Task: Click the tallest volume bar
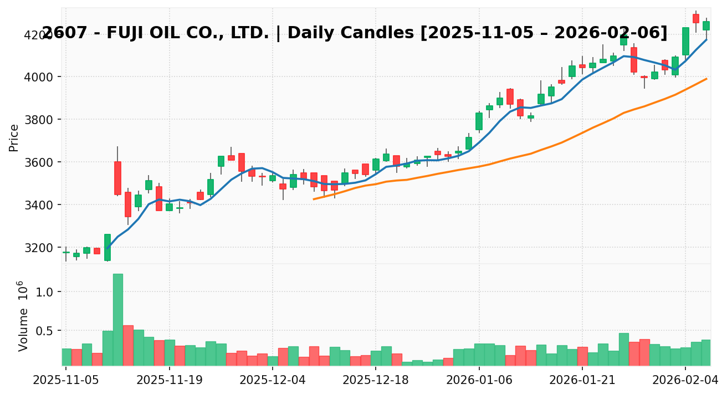point(117,319)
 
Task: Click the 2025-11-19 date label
point(169,381)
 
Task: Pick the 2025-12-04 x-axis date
point(272,381)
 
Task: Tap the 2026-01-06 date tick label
point(479,381)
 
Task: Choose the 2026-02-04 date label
point(685,381)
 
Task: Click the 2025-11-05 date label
point(66,381)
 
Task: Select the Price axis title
point(14,137)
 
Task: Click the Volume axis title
point(23,316)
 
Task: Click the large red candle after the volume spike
point(117,178)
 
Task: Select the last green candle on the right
point(706,25)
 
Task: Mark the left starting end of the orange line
point(314,199)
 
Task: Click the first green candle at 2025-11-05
point(66,252)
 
